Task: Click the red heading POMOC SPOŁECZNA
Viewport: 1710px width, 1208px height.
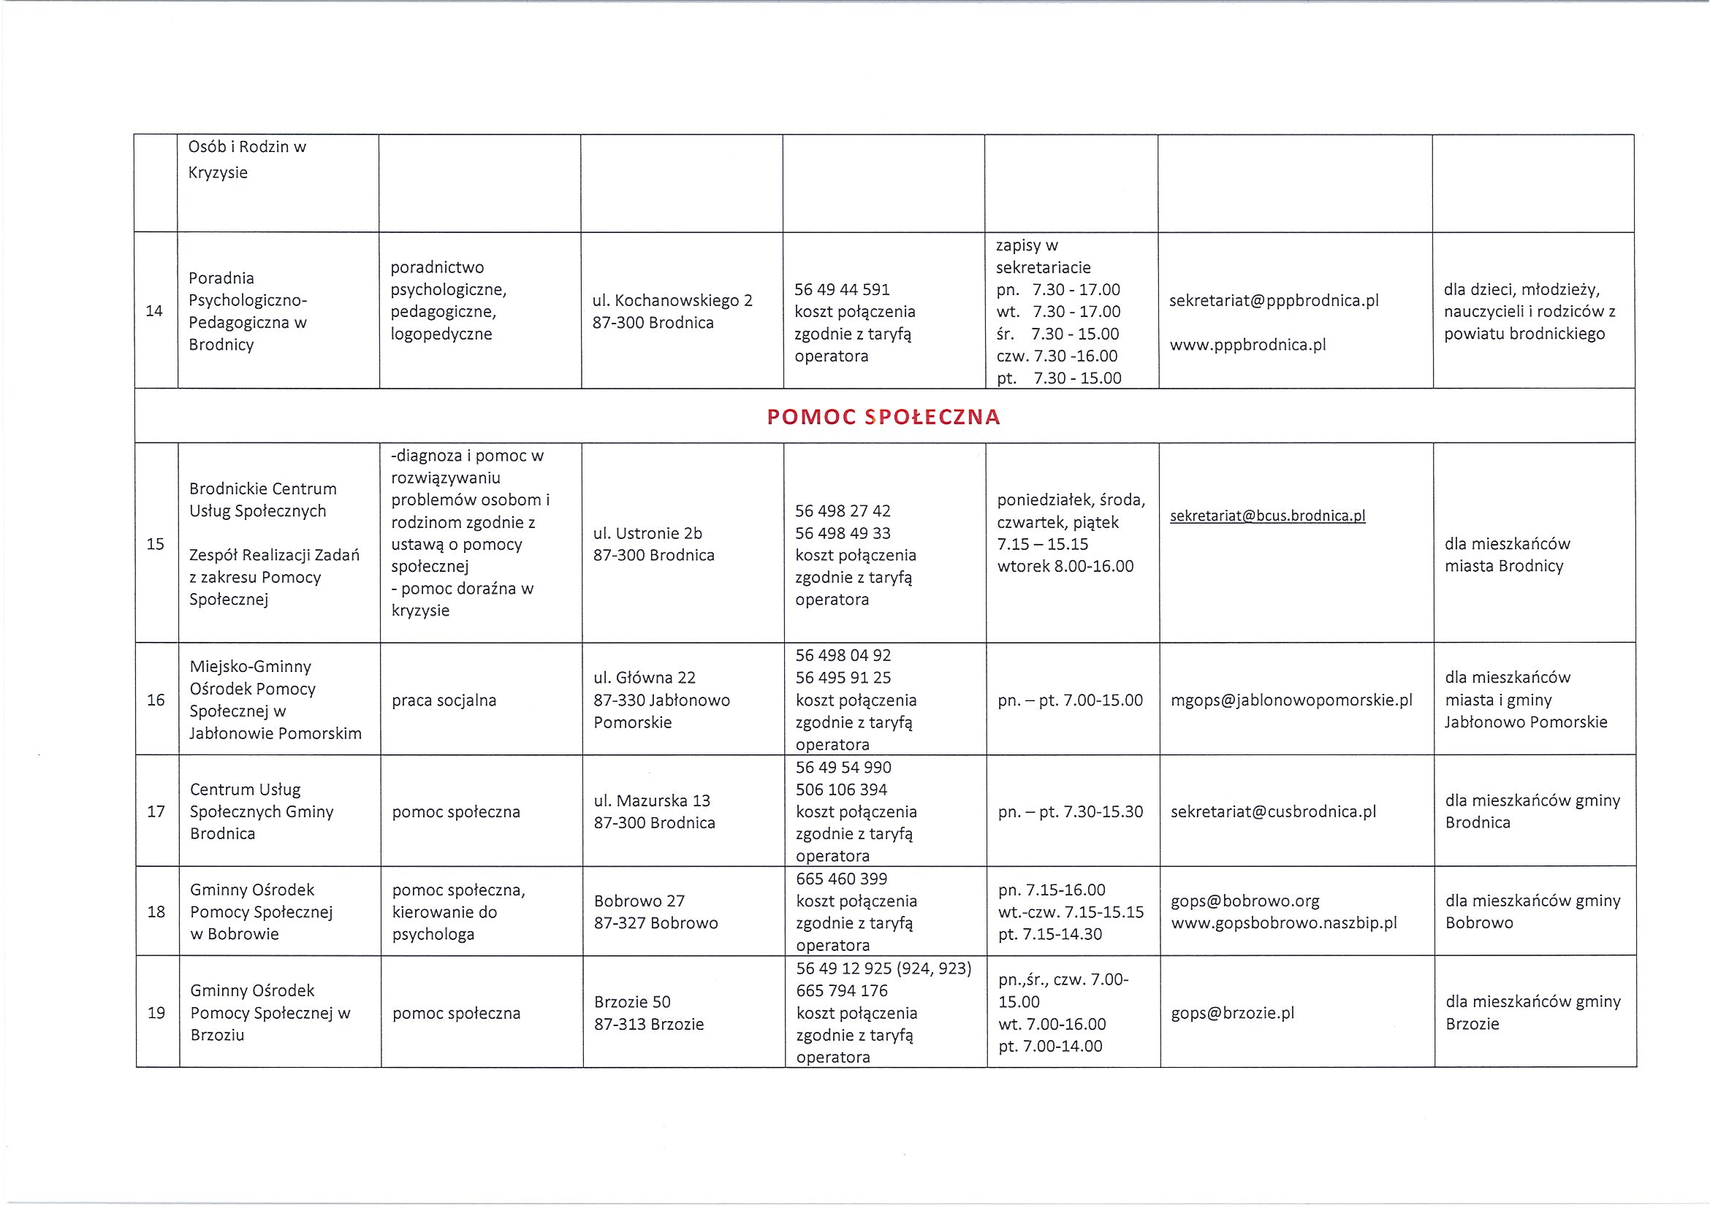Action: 883,417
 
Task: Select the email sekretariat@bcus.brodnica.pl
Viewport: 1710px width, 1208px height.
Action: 1268,516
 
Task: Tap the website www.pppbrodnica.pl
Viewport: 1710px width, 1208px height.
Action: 1248,345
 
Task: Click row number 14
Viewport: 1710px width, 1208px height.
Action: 154,311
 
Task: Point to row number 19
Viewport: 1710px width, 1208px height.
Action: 156,1013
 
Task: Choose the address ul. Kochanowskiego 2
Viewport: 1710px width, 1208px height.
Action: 672,301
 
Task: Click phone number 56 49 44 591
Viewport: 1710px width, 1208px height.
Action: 843,289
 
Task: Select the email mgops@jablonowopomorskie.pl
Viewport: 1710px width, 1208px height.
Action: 1291,700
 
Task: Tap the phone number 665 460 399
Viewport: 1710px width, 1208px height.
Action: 842,879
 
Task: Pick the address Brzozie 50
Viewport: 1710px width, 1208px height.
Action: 632,1002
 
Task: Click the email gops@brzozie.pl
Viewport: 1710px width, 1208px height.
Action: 1233,1013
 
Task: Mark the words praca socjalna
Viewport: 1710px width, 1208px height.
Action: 444,700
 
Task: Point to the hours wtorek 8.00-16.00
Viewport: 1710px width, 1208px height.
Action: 1065,567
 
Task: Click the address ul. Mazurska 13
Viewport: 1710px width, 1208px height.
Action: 653,801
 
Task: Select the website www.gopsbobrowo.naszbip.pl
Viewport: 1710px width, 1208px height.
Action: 1284,924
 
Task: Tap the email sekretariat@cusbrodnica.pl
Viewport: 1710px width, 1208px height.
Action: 1274,812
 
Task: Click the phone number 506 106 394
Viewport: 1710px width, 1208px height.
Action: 842,790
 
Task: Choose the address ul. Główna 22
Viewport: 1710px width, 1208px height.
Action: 645,678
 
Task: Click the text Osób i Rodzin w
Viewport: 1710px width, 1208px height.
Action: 247,147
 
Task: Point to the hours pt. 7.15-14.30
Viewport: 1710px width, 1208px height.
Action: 1050,935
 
